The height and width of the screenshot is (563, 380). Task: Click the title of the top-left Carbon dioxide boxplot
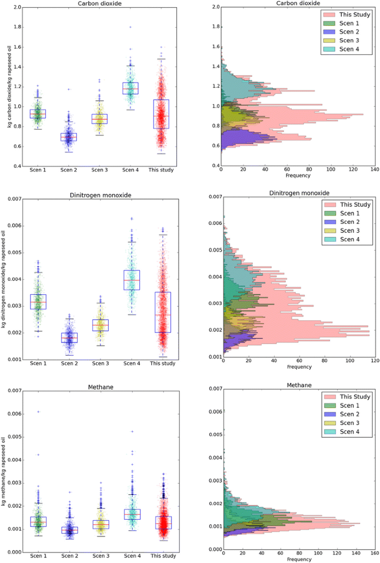click(x=100, y=3)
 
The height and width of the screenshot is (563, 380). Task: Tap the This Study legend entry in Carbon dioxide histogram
click(x=353, y=14)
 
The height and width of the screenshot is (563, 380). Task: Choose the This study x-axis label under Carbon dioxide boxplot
click(x=161, y=170)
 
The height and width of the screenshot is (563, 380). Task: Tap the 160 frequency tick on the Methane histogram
click(x=374, y=555)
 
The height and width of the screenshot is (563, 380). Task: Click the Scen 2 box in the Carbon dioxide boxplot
click(x=69, y=137)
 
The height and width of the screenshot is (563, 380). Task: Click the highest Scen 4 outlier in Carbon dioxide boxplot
click(x=131, y=27)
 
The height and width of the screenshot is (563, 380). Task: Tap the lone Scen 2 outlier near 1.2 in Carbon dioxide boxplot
click(x=69, y=89)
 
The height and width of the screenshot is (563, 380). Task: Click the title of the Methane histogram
click(x=298, y=385)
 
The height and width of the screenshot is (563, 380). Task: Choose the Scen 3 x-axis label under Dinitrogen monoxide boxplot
click(x=100, y=364)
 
